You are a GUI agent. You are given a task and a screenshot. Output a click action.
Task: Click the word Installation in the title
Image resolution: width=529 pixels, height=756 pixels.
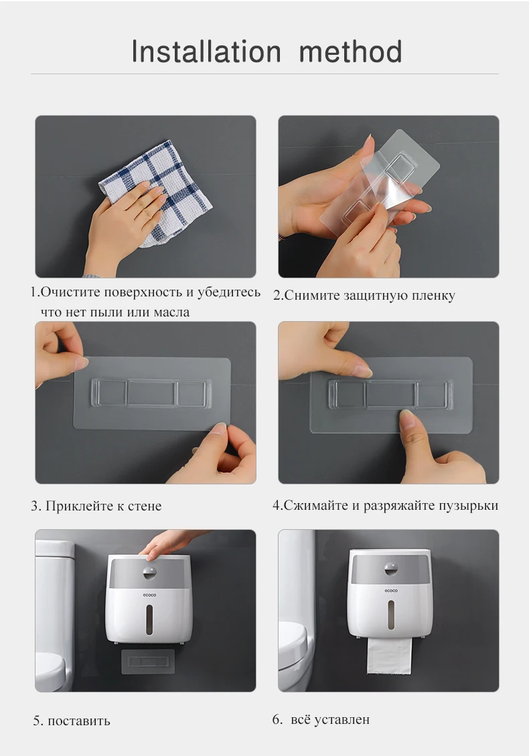tap(206, 52)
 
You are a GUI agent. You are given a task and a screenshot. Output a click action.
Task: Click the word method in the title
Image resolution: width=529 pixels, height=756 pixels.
tap(350, 52)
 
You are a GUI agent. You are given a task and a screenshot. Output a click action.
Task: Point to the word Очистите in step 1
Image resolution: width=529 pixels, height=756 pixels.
tap(71, 292)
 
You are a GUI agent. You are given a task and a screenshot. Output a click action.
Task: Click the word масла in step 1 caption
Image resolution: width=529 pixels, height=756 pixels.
tap(171, 312)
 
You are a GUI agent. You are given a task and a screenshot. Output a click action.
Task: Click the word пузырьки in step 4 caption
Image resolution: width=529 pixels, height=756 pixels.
tap(468, 506)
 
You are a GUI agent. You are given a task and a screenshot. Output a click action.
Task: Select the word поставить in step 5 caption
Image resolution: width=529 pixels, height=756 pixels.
tap(78, 721)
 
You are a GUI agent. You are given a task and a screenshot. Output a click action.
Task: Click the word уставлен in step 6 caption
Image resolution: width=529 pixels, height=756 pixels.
tap(342, 720)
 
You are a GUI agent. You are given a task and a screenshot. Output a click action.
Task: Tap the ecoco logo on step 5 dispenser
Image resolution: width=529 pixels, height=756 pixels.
tap(149, 595)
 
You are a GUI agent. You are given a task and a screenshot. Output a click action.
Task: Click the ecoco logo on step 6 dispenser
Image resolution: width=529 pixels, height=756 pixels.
tap(391, 591)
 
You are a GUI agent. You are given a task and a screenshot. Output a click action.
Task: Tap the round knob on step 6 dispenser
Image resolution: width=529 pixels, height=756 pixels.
tap(391, 569)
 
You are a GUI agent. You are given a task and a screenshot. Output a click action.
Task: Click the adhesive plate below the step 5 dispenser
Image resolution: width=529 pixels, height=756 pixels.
tap(148, 662)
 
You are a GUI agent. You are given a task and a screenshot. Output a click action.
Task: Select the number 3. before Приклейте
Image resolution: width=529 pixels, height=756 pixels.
tap(36, 506)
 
